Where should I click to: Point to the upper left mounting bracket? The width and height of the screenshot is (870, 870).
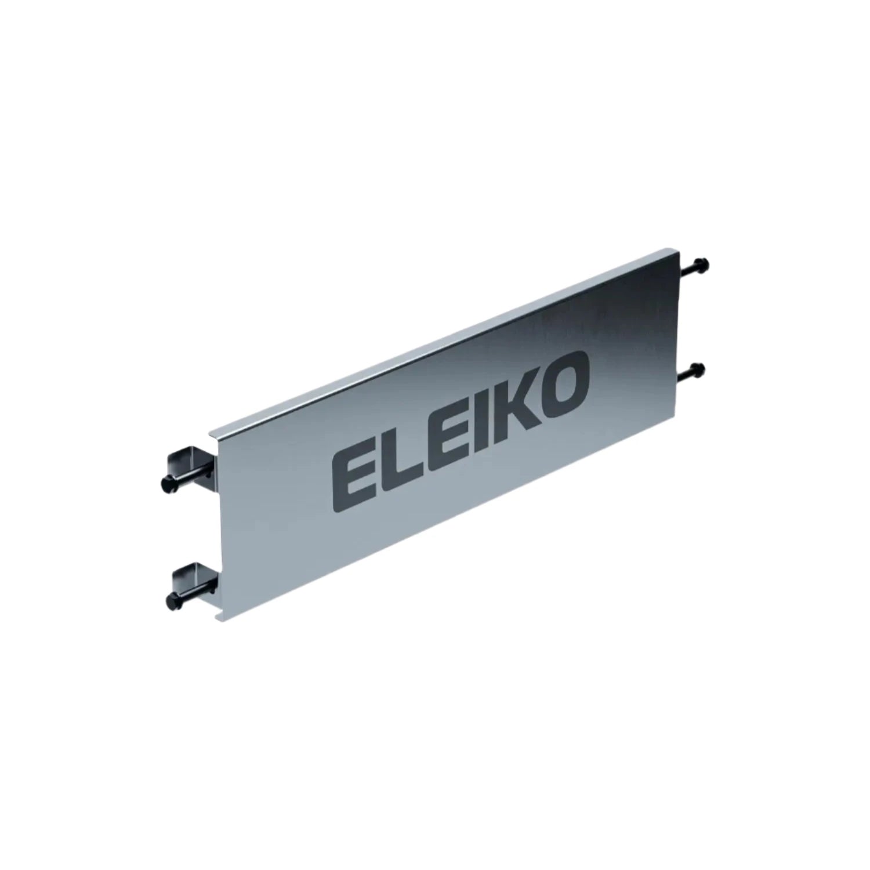pyautogui.click(x=186, y=461)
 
